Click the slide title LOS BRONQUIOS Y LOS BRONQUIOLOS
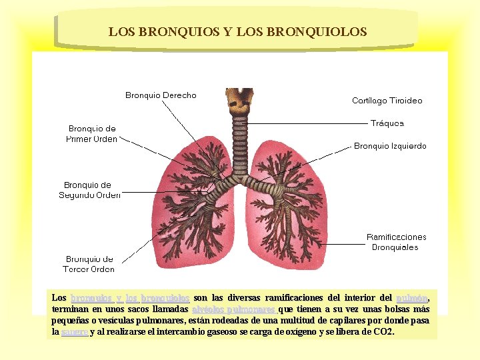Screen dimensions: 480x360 pyautogui.click(x=237, y=31)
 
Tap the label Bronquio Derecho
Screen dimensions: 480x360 pyautogui.click(x=161, y=95)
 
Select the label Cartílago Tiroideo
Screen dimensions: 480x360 pyautogui.click(x=387, y=101)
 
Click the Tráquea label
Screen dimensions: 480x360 pyautogui.click(x=387, y=123)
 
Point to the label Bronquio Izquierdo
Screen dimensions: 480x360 pyautogui.click(x=390, y=146)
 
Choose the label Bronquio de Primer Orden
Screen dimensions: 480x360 pyautogui.click(x=93, y=133)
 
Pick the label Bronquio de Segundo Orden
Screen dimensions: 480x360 pyautogui.click(x=89, y=190)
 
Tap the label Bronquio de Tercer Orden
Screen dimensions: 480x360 pyautogui.click(x=89, y=264)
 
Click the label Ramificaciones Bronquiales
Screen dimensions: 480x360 pyautogui.click(x=396, y=242)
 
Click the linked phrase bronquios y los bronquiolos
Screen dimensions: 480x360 pyautogui.click(x=130, y=298)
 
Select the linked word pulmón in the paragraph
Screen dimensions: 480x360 pyautogui.click(x=411, y=298)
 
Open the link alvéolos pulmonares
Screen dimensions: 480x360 pyautogui.click(x=233, y=309)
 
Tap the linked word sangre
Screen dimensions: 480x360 pyautogui.click(x=74, y=332)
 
